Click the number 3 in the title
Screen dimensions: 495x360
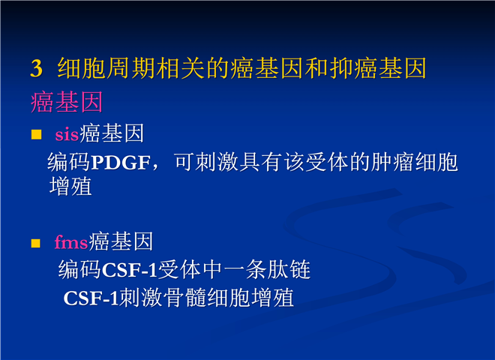click(36, 68)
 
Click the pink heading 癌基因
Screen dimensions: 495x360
click(67, 102)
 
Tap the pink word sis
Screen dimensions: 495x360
click(67, 134)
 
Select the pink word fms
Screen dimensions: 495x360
click(71, 242)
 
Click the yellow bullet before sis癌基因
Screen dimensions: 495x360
click(36, 134)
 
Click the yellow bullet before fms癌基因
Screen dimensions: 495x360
click(36, 243)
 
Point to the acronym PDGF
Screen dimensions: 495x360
click(121, 163)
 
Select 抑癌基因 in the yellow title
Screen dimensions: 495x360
click(378, 68)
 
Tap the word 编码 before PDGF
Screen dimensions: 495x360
click(69, 162)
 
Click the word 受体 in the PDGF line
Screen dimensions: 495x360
click(327, 162)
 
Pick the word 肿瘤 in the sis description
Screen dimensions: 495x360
click(392, 162)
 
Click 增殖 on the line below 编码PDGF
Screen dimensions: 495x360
click(70, 186)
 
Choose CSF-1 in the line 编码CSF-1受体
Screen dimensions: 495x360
click(130, 271)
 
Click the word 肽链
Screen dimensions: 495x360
click(289, 270)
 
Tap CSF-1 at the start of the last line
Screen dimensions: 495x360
click(91, 298)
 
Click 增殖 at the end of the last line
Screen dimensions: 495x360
click(272, 298)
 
